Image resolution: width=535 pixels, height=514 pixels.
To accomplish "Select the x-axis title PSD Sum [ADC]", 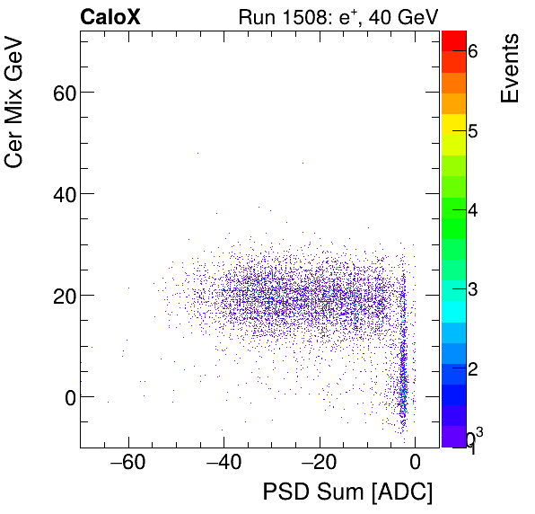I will (346, 493).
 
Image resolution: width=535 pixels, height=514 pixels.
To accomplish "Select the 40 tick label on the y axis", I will (59, 193).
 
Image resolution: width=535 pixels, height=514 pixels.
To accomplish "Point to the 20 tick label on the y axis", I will (59, 295).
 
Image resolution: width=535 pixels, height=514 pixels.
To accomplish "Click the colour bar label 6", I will (473, 52).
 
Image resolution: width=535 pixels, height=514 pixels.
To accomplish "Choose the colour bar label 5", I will (473, 131).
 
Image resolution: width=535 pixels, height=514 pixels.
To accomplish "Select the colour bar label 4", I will (473, 210).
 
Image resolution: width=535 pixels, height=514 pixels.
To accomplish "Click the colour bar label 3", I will (473, 289).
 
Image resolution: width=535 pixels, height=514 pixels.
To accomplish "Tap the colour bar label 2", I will (473, 368).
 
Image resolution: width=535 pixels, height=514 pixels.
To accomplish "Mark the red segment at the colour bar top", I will (453, 40).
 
